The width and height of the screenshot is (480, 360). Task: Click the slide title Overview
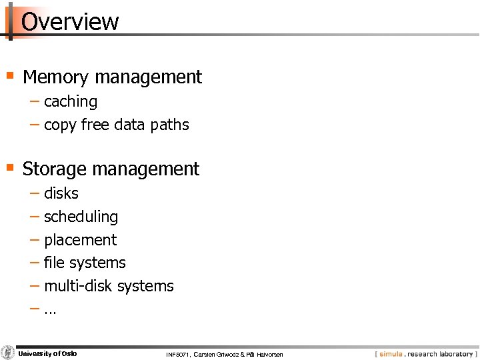point(70,21)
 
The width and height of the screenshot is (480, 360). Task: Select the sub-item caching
point(71,102)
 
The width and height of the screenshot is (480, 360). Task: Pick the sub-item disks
point(61,193)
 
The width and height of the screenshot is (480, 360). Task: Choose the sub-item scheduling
point(81,217)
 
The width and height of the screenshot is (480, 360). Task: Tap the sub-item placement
point(80,240)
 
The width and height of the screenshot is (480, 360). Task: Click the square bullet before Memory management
point(10,75)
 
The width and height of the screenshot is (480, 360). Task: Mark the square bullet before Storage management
point(10,167)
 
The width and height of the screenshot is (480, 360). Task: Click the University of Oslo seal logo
point(8,353)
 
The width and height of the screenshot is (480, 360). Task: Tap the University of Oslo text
point(47,353)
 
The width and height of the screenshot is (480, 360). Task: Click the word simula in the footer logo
point(391,354)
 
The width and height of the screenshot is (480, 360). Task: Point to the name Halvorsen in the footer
point(268,355)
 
